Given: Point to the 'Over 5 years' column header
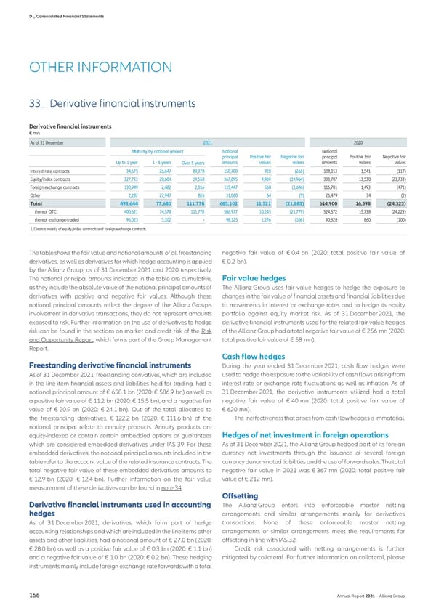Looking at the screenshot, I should (x=193, y=162).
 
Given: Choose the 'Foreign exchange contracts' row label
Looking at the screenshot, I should (x=57, y=187).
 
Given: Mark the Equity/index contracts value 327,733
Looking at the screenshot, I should (x=128, y=179).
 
